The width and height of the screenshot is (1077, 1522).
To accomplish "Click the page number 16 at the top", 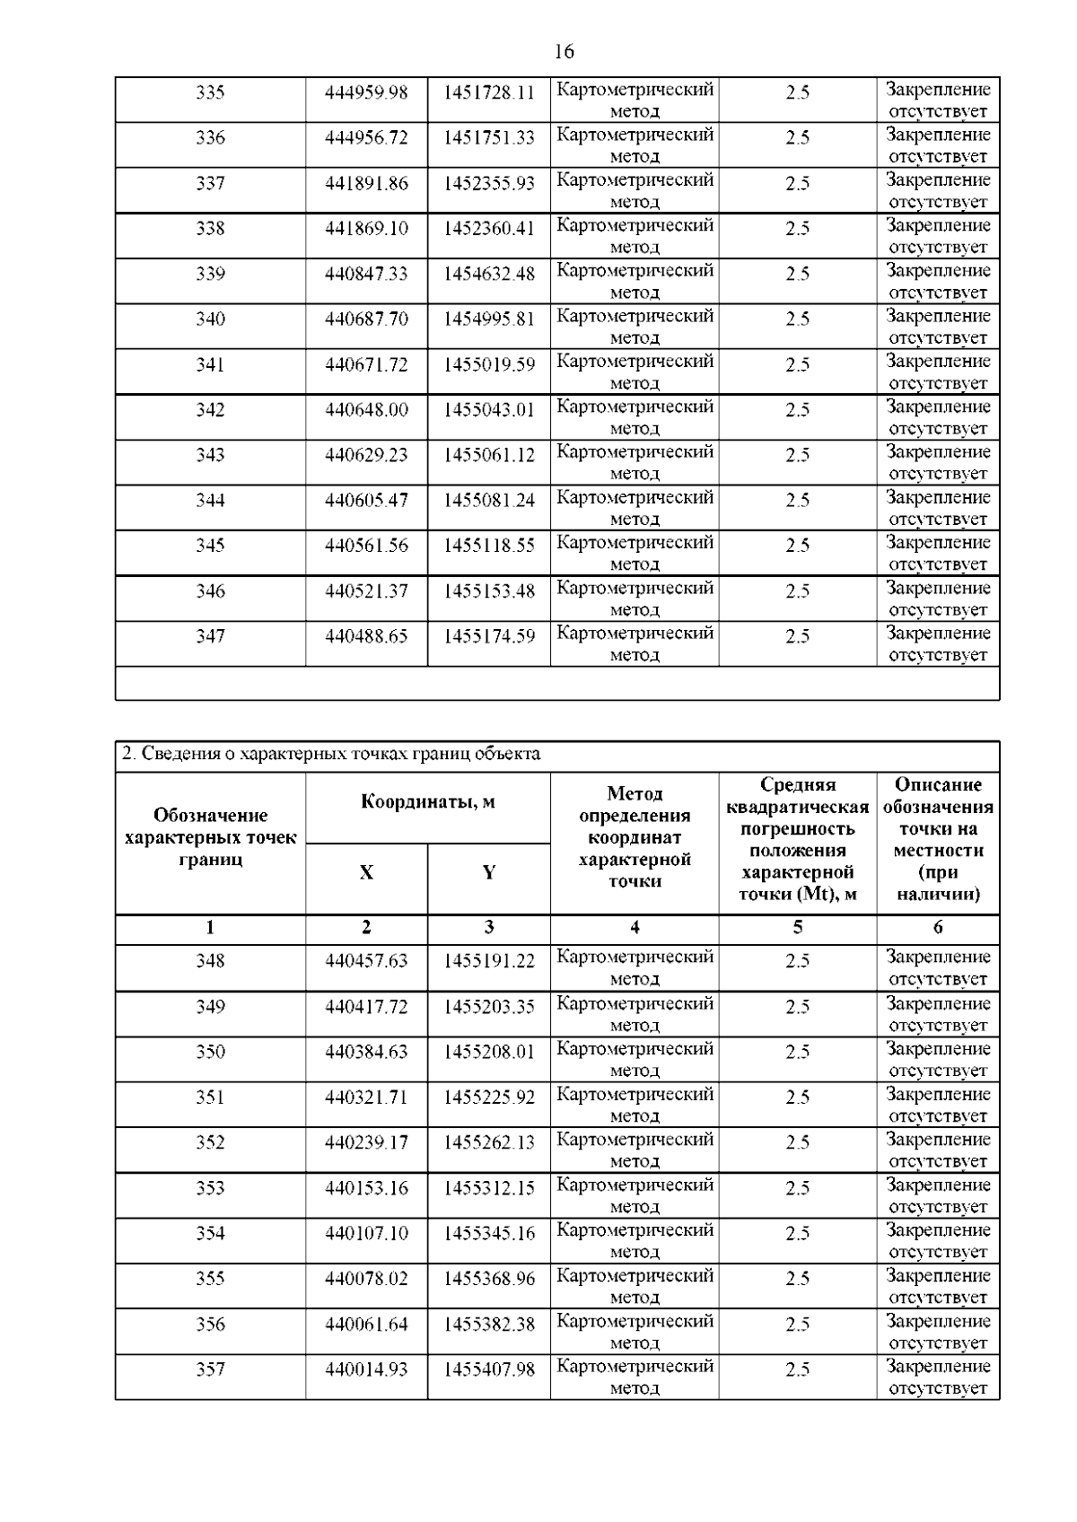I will pos(564,52).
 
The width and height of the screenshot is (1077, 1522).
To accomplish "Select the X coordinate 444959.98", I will pos(366,92).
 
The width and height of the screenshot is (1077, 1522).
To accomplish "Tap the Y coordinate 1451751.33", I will pos(488,137).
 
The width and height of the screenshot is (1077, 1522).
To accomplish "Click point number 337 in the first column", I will pos(210,183).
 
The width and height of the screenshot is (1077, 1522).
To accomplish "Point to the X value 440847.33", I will pos(366,274).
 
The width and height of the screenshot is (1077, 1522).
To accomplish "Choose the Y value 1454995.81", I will pos(488,319).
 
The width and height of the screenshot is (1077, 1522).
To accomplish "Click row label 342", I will pos(210,409).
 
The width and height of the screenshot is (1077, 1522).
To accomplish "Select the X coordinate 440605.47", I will pos(366,500).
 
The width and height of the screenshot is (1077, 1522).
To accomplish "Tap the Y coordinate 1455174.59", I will pos(488,635).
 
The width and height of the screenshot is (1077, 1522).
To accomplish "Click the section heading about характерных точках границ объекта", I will pos(331,754).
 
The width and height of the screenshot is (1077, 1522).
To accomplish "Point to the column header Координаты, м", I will pos(427,801).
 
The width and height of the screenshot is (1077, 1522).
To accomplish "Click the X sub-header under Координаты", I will pos(366,872).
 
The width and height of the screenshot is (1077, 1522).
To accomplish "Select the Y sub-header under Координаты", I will pos(488,872).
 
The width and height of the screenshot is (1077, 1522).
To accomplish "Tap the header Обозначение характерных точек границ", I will pos(210,837).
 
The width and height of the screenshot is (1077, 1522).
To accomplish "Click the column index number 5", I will pos(797,927).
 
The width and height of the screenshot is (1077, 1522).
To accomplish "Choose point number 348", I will pos(210,960).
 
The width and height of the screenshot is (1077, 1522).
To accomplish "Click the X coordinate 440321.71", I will pos(366,1097).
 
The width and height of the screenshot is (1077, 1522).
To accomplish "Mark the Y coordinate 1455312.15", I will pos(488,1187).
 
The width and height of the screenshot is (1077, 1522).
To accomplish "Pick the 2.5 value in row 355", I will pos(797,1278).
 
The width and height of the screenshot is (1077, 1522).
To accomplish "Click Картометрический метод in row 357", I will pos(635,1377).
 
